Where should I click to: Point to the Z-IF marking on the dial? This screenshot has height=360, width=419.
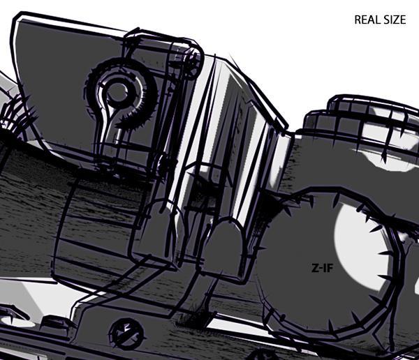coord(322,268)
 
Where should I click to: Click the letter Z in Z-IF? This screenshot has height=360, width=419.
coord(315,268)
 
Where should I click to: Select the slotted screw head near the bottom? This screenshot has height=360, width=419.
coord(127,333)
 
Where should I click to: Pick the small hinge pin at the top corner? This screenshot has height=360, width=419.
coord(193,60)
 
